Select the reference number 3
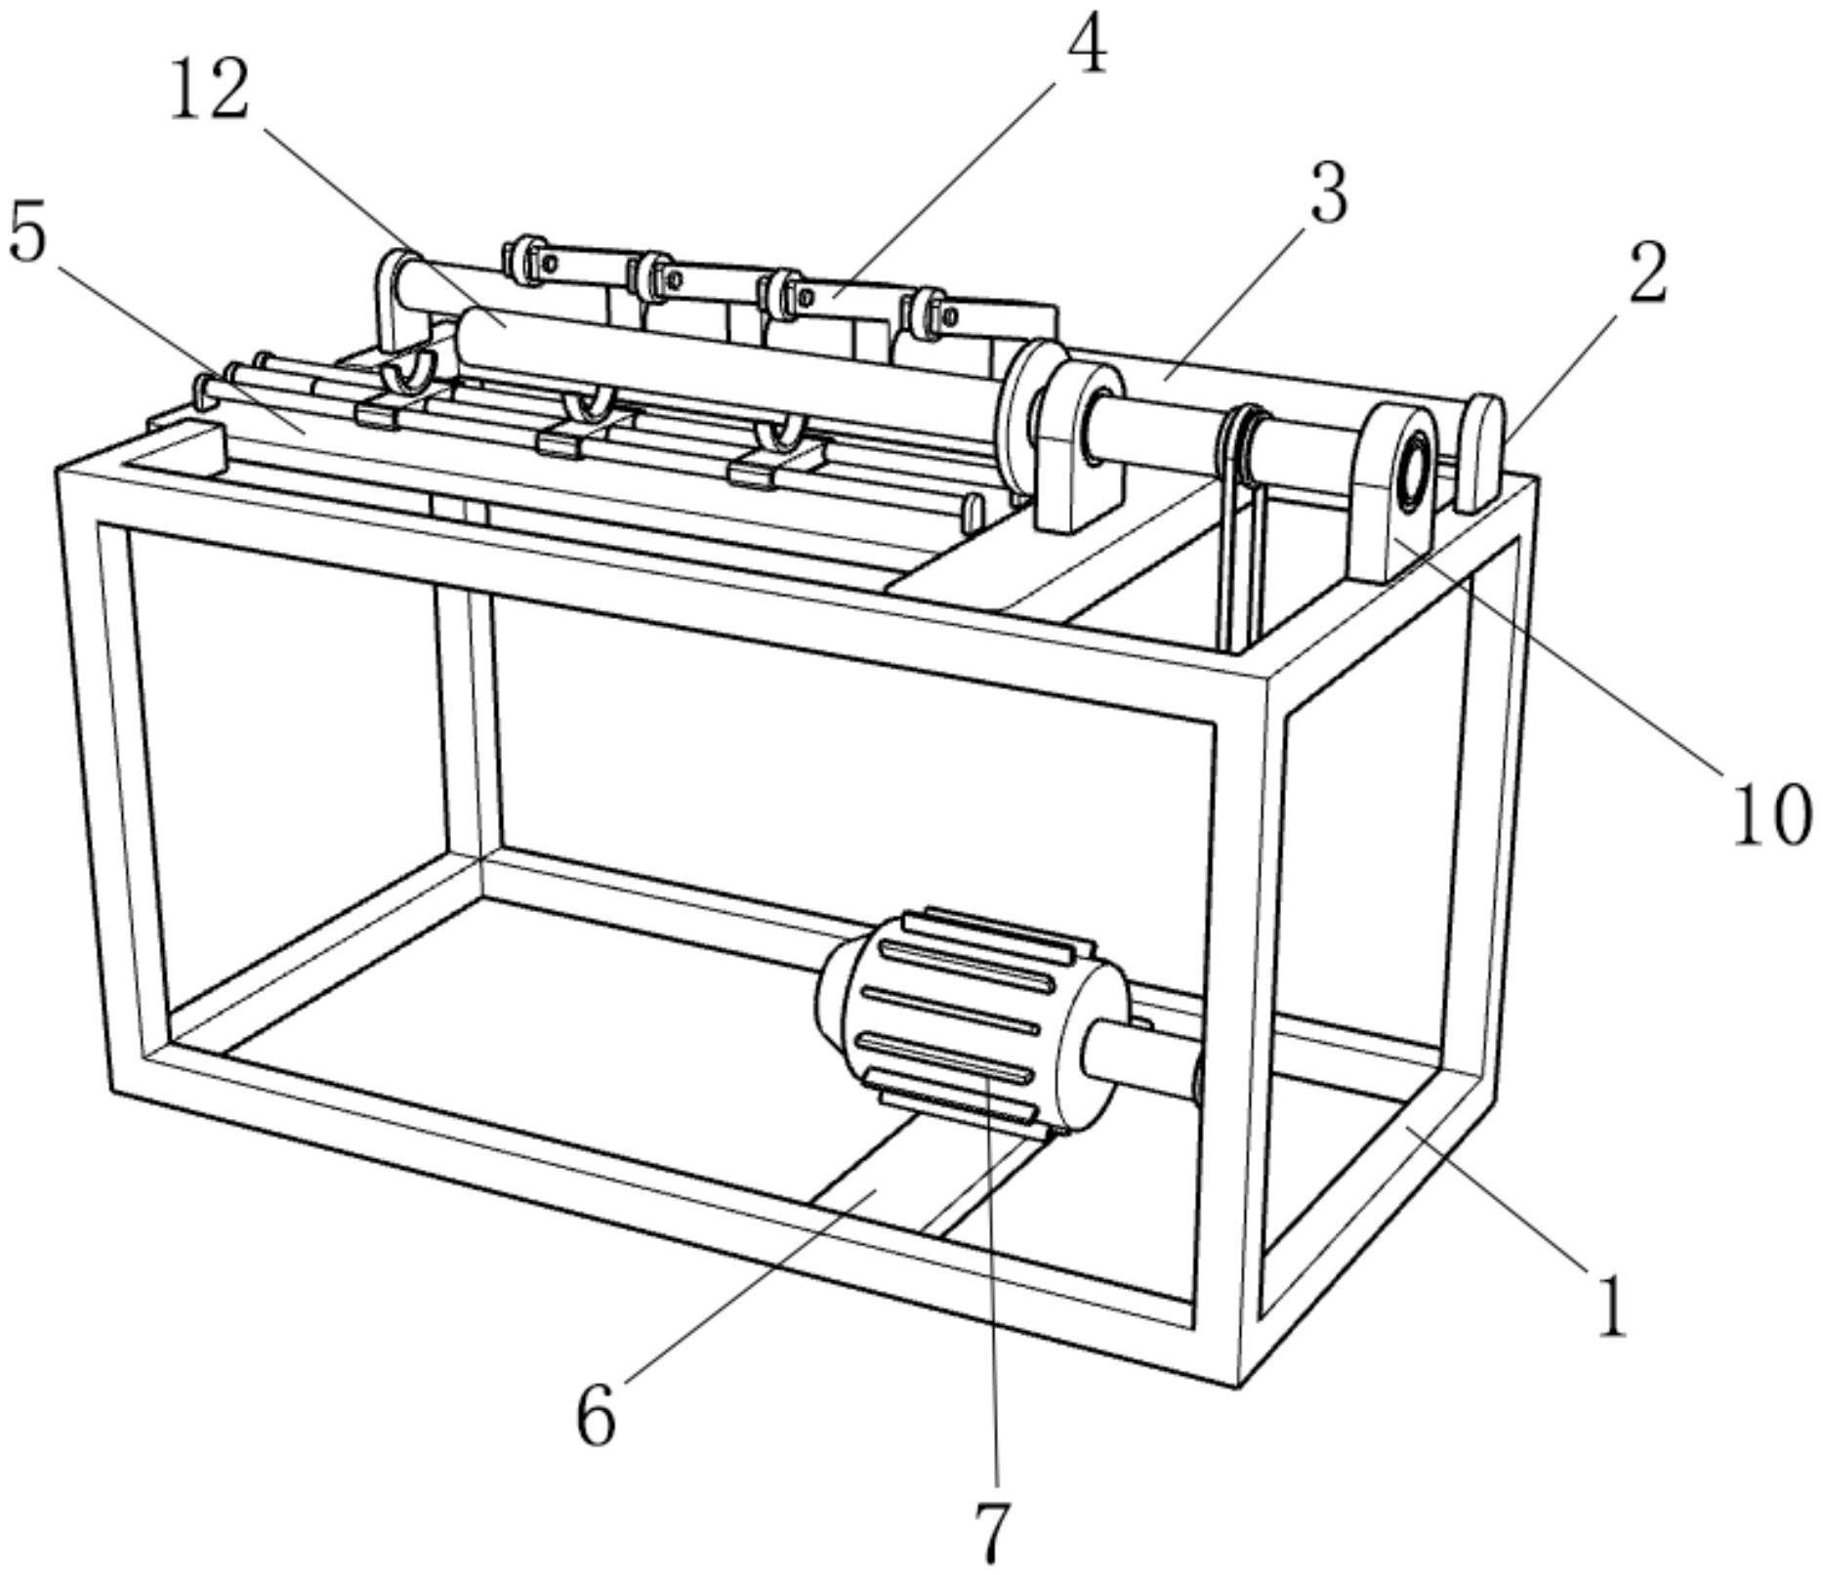click(1327, 193)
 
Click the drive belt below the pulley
click(1240, 566)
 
